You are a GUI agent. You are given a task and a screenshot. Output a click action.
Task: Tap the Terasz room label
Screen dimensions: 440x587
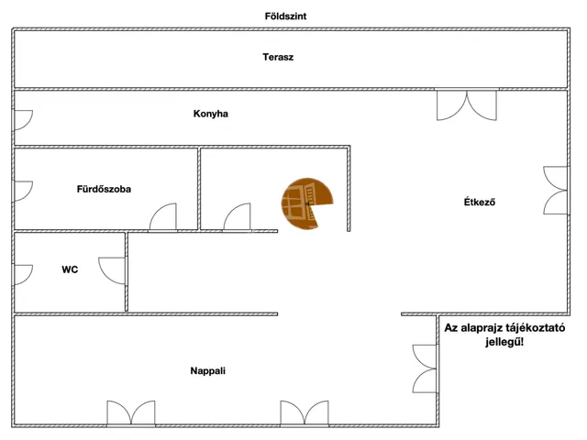(x=278, y=57)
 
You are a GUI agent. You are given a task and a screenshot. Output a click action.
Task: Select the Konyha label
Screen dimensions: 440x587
(x=210, y=115)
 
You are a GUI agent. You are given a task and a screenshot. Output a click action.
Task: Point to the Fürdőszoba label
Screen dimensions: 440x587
(x=104, y=190)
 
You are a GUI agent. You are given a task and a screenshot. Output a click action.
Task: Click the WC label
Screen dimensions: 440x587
(x=70, y=269)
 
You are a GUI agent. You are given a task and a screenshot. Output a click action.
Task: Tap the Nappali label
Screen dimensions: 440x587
(x=207, y=371)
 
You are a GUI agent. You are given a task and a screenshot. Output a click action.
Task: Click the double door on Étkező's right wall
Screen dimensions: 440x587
(x=555, y=189)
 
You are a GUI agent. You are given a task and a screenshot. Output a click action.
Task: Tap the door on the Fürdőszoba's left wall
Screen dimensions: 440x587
(x=23, y=191)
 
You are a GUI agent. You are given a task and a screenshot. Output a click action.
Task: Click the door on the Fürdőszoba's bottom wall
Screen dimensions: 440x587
(x=163, y=218)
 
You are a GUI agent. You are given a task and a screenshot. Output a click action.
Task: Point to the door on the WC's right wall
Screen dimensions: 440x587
(x=114, y=271)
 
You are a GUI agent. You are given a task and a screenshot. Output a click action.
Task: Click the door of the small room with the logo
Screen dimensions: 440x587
(x=237, y=218)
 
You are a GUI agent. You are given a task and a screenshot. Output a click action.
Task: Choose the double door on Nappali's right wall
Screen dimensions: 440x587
(x=423, y=368)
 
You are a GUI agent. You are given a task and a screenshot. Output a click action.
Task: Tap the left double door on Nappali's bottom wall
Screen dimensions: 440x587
(x=131, y=413)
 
